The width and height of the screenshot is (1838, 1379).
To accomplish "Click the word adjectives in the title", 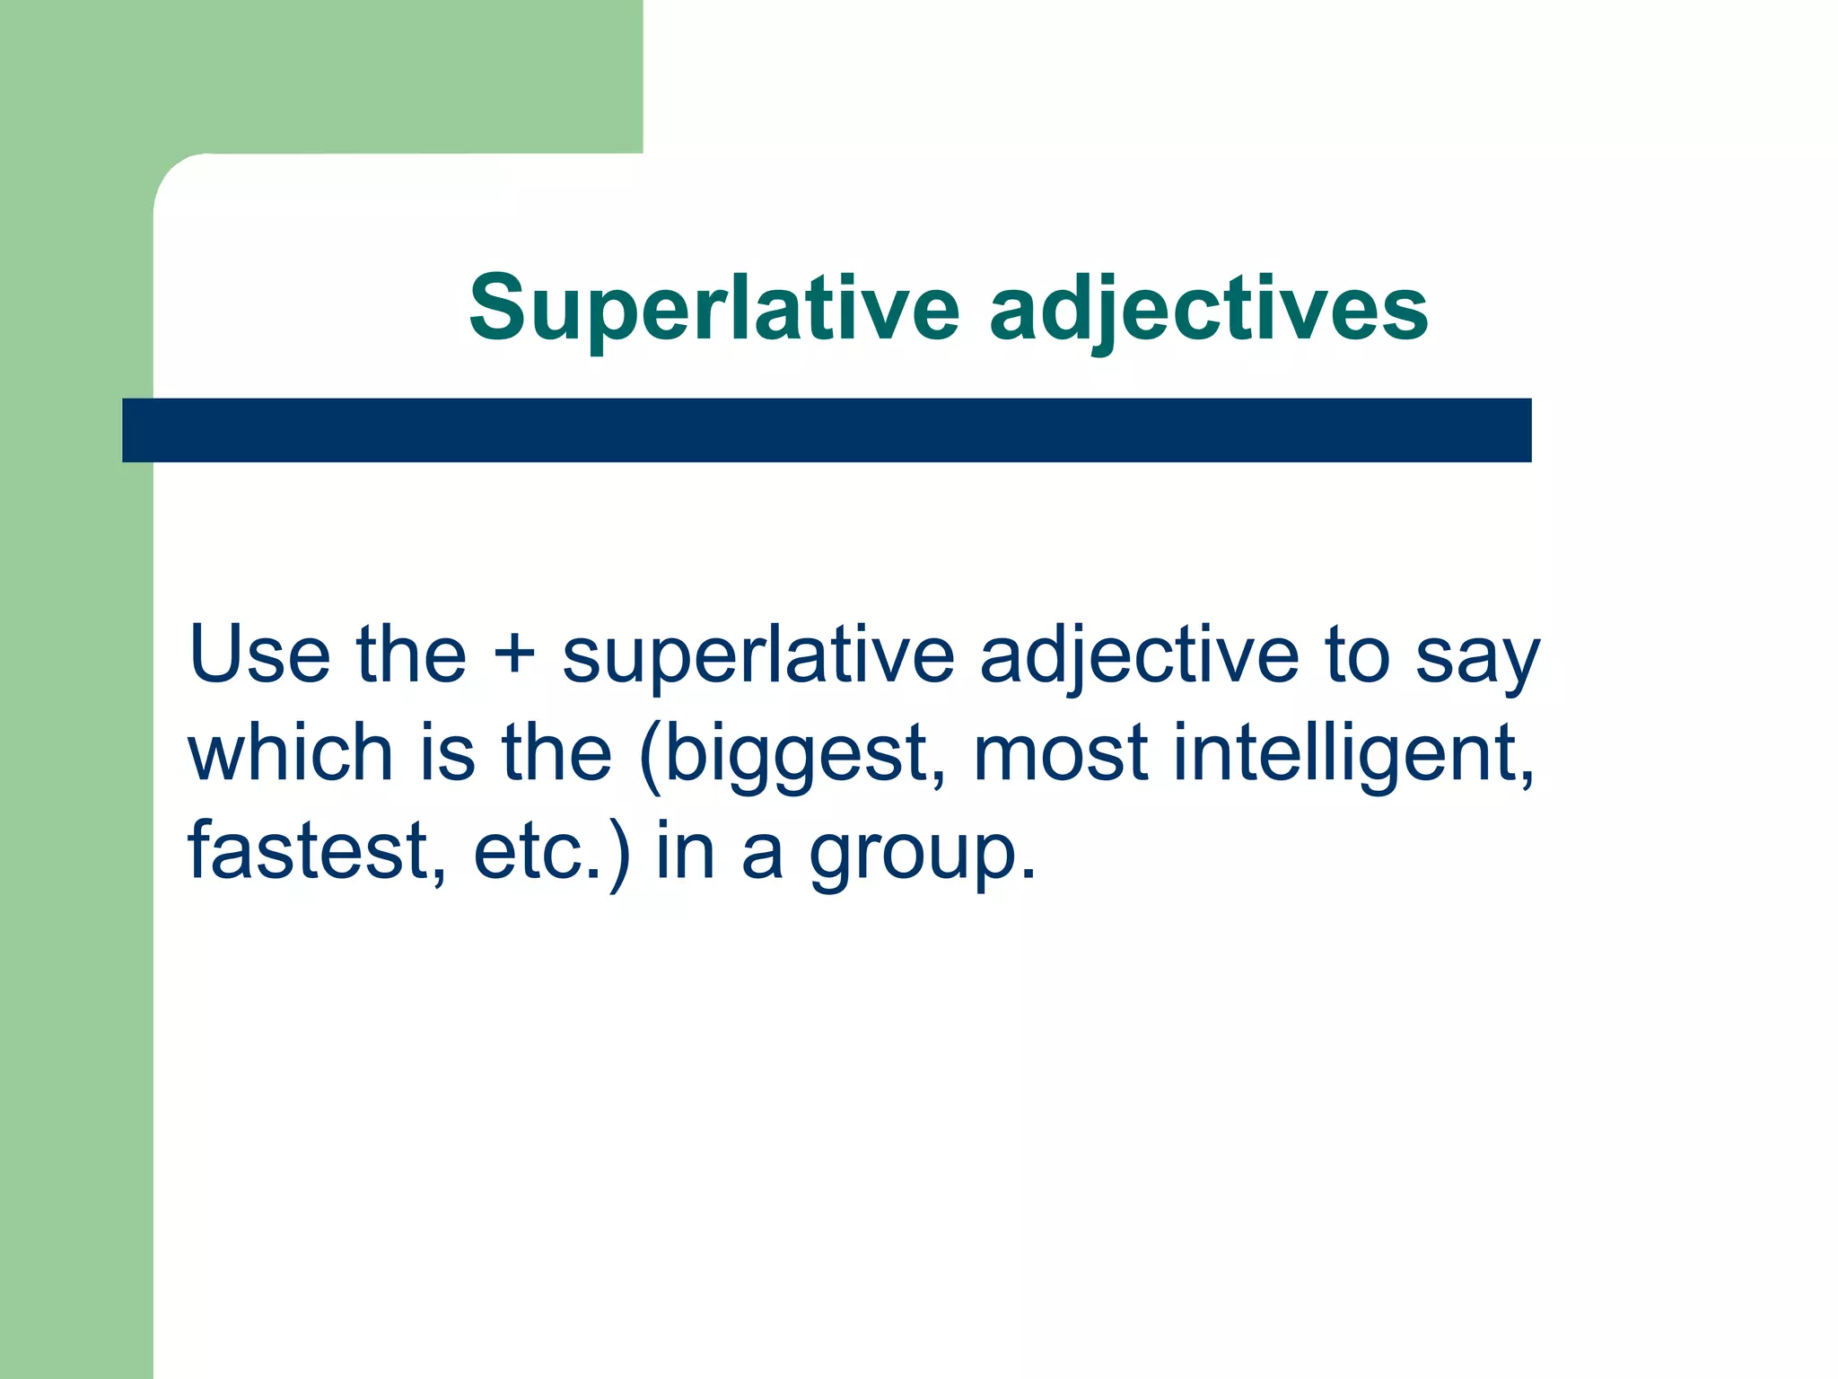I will click(x=1208, y=310).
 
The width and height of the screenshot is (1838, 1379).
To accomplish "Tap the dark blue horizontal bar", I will click(x=826, y=430).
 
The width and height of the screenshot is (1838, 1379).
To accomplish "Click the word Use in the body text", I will click(x=259, y=654).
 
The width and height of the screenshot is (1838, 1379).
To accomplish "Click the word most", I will click(x=1060, y=754).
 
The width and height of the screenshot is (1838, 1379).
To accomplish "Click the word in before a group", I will click(x=685, y=851).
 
